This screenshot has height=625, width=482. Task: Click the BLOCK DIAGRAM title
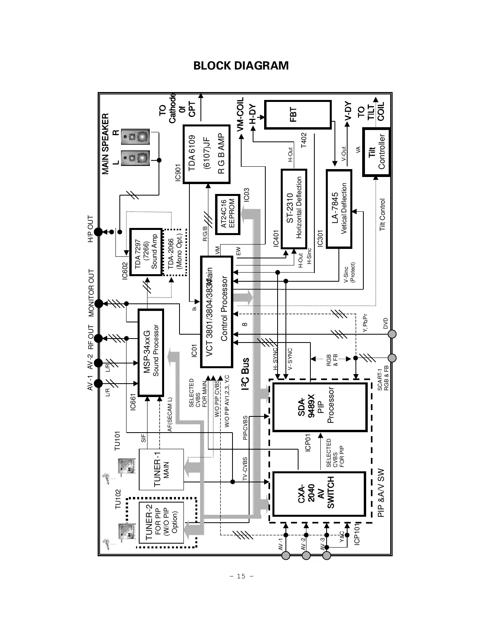(241, 66)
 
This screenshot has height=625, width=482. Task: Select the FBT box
(297, 115)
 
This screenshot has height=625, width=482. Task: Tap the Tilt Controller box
(376, 152)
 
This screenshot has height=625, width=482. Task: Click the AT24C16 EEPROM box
(227, 213)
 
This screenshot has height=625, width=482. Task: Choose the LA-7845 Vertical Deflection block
(339, 209)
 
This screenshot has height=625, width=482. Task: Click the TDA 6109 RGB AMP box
(206, 154)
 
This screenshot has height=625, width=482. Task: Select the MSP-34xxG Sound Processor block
(151, 352)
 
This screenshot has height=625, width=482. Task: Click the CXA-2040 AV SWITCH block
(319, 493)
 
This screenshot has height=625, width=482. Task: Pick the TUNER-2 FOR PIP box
(161, 522)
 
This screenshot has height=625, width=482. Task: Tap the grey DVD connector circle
(392, 334)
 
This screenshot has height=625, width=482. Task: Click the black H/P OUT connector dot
(98, 232)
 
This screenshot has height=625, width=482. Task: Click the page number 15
(241, 576)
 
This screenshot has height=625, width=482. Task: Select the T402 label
(304, 140)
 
